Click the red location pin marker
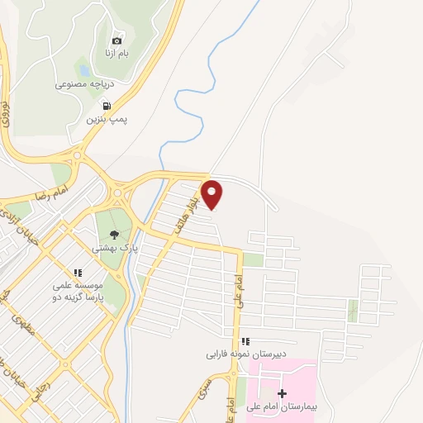point(212,193)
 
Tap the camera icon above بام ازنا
point(116,40)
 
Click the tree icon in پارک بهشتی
point(114,234)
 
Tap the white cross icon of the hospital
point(283,393)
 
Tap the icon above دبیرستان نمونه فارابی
point(245,341)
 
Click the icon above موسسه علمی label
point(77,272)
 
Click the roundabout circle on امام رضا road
point(117,193)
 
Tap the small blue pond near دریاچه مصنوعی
point(83,68)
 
